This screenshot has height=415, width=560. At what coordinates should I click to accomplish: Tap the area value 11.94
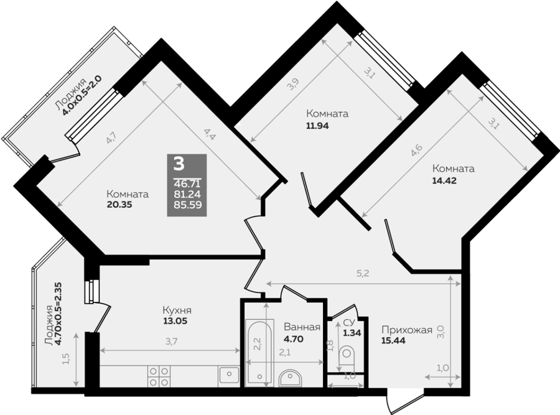[x=317, y=126]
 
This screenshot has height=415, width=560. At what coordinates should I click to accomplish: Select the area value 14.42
[x=444, y=180]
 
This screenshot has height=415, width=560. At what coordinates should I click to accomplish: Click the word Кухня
[x=177, y=310]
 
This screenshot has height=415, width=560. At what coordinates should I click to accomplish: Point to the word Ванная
[x=302, y=327]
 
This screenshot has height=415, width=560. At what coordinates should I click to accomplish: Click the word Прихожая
[x=407, y=330]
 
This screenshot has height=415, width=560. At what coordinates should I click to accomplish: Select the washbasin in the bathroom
[x=291, y=378]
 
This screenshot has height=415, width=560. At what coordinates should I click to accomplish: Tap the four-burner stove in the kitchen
[x=159, y=376]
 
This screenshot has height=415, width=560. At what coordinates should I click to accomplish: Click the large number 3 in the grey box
[x=179, y=164]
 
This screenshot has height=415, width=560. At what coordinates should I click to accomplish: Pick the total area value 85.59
[x=187, y=205]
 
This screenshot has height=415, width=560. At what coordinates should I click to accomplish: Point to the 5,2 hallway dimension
[x=363, y=274]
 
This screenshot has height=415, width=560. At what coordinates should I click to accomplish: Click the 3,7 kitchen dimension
[x=172, y=342]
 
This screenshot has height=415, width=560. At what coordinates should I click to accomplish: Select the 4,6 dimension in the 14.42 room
[x=416, y=150]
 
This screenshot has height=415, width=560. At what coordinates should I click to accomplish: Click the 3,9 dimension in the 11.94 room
[x=293, y=84]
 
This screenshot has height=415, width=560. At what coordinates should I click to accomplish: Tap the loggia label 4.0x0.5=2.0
[x=82, y=95]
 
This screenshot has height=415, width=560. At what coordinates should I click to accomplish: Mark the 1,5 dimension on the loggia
[x=66, y=358]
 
